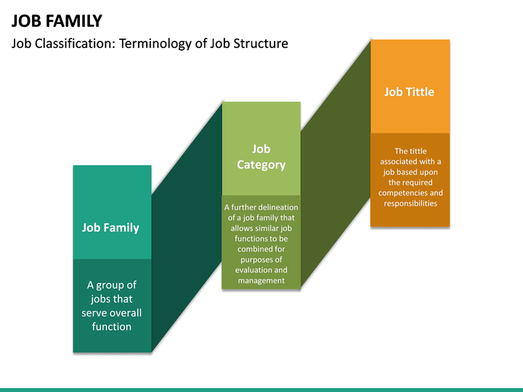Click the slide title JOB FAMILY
(57, 20)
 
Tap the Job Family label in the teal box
(110, 227)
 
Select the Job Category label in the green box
(261, 157)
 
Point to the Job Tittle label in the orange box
(410, 91)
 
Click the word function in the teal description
(112, 327)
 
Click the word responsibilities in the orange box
(410, 203)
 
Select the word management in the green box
(261, 280)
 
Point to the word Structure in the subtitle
(262, 44)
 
